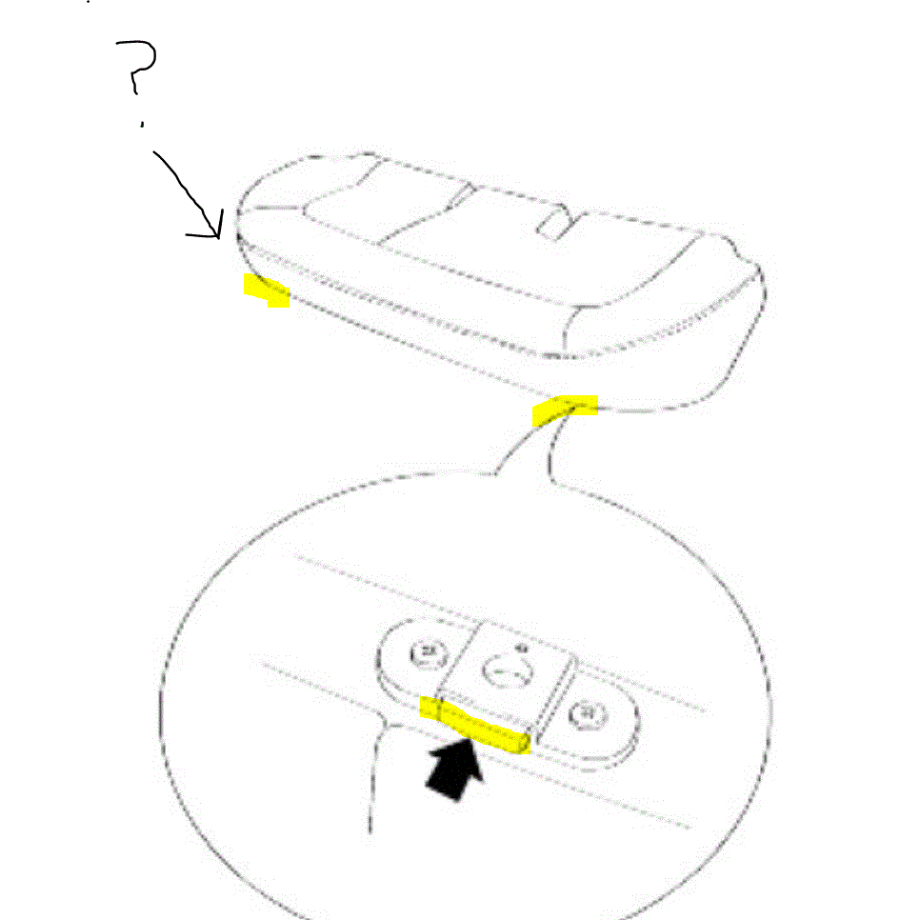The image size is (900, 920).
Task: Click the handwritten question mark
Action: (x=139, y=67)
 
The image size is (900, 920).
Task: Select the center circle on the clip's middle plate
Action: (x=502, y=670)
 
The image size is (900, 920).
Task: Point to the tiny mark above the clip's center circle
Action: (x=520, y=648)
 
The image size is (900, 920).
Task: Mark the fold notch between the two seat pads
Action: (x=461, y=197)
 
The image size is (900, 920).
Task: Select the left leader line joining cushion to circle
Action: (x=519, y=448)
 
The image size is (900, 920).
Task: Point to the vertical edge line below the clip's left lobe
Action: (x=374, y=771)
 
